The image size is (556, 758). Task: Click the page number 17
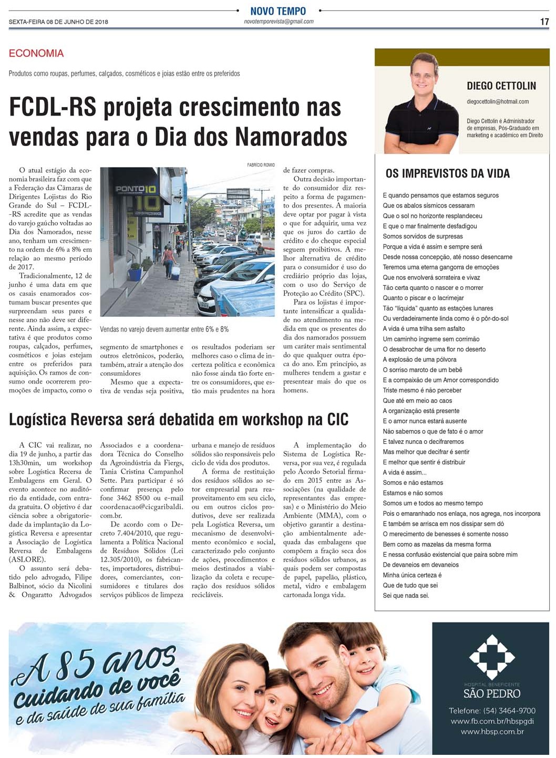tap(544, 22)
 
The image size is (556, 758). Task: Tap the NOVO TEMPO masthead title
tap(278, 11)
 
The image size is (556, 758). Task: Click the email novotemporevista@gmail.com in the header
tap(279, 22)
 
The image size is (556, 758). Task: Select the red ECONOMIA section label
tap(36, 53)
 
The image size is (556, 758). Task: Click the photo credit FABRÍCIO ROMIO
tap(261, 165)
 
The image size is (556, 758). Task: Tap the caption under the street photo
tap(164, 329)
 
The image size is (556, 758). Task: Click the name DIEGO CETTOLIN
tap(501, 86)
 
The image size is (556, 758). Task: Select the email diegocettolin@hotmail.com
tap(497, 101)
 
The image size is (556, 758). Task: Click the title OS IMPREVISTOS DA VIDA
tap(447, 173)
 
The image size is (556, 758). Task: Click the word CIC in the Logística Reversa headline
tap(337, 419)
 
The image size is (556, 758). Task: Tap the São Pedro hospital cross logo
tap(491, 656)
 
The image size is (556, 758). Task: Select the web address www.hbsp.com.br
tap(492, 731)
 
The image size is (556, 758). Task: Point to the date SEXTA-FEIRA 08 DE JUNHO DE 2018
tap(58, 22)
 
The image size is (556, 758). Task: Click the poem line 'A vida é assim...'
tap(404, 472)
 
